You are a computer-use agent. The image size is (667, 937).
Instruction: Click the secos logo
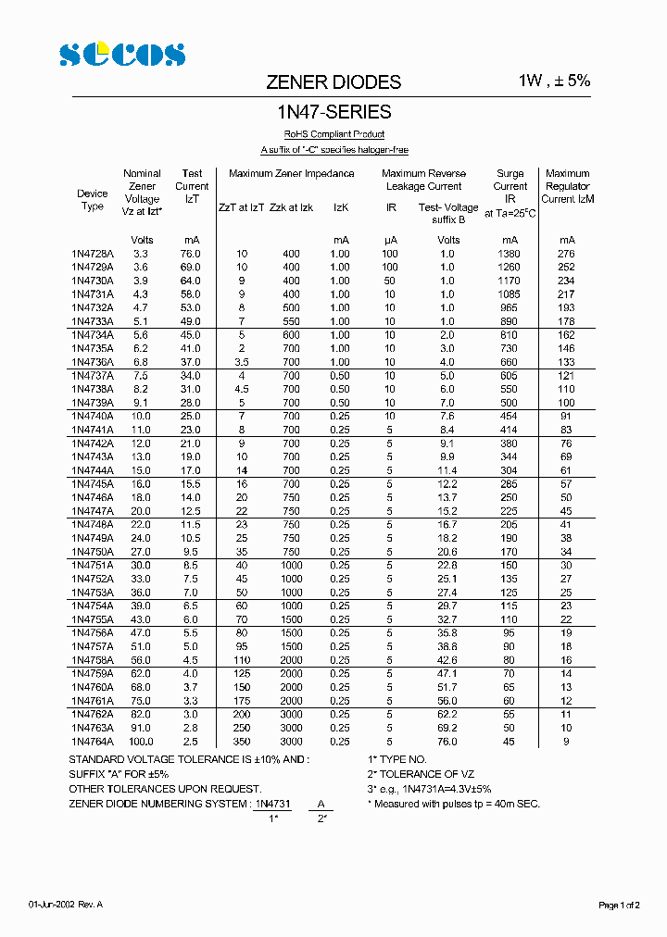tap(122, 55)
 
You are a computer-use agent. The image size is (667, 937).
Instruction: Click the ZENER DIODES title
tap(333, 82)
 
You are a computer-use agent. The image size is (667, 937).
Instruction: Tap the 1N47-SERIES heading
tap(334, 113)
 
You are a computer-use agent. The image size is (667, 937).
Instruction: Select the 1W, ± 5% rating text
tap(554, 81)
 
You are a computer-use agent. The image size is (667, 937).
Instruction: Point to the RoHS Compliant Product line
tap(333, 135)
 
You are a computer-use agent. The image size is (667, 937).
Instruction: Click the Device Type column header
tap(92, 200)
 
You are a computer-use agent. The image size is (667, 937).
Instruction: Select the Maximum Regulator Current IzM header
tap(567, 186)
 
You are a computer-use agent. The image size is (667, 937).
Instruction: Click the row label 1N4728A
tap(92, 254)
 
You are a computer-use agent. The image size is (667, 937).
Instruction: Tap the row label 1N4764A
tap(92, 742)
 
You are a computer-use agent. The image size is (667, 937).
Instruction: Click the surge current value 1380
tap(510, 254)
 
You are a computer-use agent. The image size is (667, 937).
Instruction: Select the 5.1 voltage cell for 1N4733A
tap(141, 321)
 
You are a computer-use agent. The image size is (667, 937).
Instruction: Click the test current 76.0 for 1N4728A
tap(190, 254)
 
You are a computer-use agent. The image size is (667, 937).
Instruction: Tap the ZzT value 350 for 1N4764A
tap(241, 742)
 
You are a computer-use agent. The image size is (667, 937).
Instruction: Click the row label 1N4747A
tap(92, 511)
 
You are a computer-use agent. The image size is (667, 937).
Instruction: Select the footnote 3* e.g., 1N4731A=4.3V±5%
tap(429, 789)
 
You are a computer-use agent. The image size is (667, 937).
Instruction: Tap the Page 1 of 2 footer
tap(619, 905)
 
